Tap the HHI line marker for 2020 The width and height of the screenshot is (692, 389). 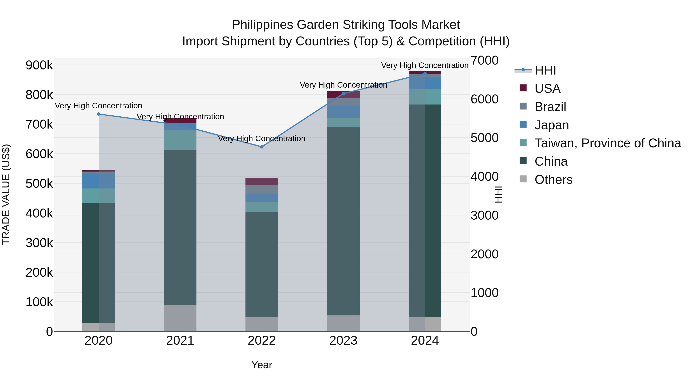[x=99, y=114]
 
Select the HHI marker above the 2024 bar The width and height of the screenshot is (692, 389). [x=425, y=73]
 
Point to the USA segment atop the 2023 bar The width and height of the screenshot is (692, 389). [x=343, y=95]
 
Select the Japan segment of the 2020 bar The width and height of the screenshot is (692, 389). [x=99, y=181]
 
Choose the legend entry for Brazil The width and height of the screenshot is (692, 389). [x=550, y=107]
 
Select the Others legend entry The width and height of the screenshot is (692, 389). [x=553, y=180]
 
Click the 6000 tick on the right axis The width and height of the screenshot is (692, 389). [x=485, y=99]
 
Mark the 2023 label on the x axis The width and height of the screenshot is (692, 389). [x=343, y=341]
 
